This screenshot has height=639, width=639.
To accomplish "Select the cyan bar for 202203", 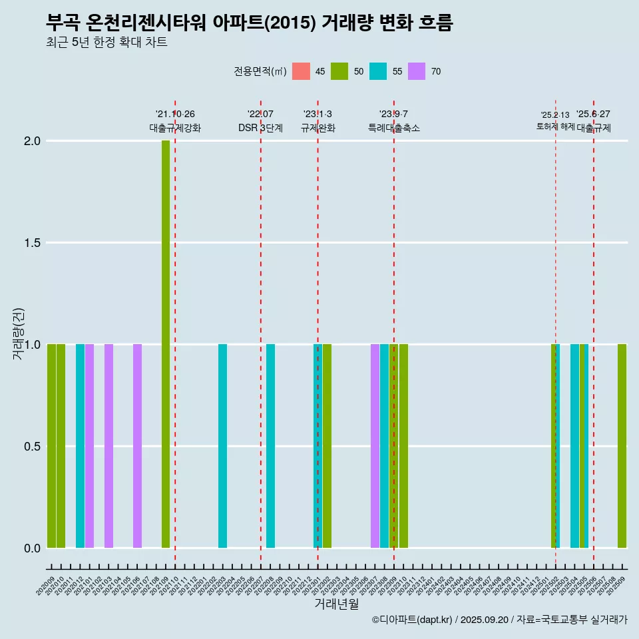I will [222, 446].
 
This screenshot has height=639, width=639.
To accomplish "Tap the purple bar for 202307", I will [375, 446].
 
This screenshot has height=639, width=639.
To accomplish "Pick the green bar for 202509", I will [622, 446].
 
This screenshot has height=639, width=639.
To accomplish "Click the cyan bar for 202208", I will [270, 446].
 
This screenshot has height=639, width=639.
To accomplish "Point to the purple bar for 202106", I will [137, 446].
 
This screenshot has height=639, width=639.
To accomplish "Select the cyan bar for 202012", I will [80, 446].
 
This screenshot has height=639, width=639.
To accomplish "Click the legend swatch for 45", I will [302, 71].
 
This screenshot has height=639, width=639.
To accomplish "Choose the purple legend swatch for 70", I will [417, 71].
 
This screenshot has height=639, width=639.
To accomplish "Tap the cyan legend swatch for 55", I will [378, 71].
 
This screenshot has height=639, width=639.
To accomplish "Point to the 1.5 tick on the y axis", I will [32, 243].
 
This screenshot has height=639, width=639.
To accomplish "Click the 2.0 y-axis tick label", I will [32, 141].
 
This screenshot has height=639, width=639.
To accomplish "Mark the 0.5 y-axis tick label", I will [32, 447].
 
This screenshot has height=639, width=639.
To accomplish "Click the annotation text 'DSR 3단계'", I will [260, 128].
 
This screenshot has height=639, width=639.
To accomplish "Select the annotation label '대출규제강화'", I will [175, 128].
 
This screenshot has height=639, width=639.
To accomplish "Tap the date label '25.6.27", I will [593, 114].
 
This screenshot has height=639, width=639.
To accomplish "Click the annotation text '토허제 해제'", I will [555, 126].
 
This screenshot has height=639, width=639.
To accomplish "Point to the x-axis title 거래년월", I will [336, 604].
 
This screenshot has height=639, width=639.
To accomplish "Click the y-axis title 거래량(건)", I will [18, 333].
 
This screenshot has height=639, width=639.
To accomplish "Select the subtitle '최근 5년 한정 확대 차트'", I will [106, 43].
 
